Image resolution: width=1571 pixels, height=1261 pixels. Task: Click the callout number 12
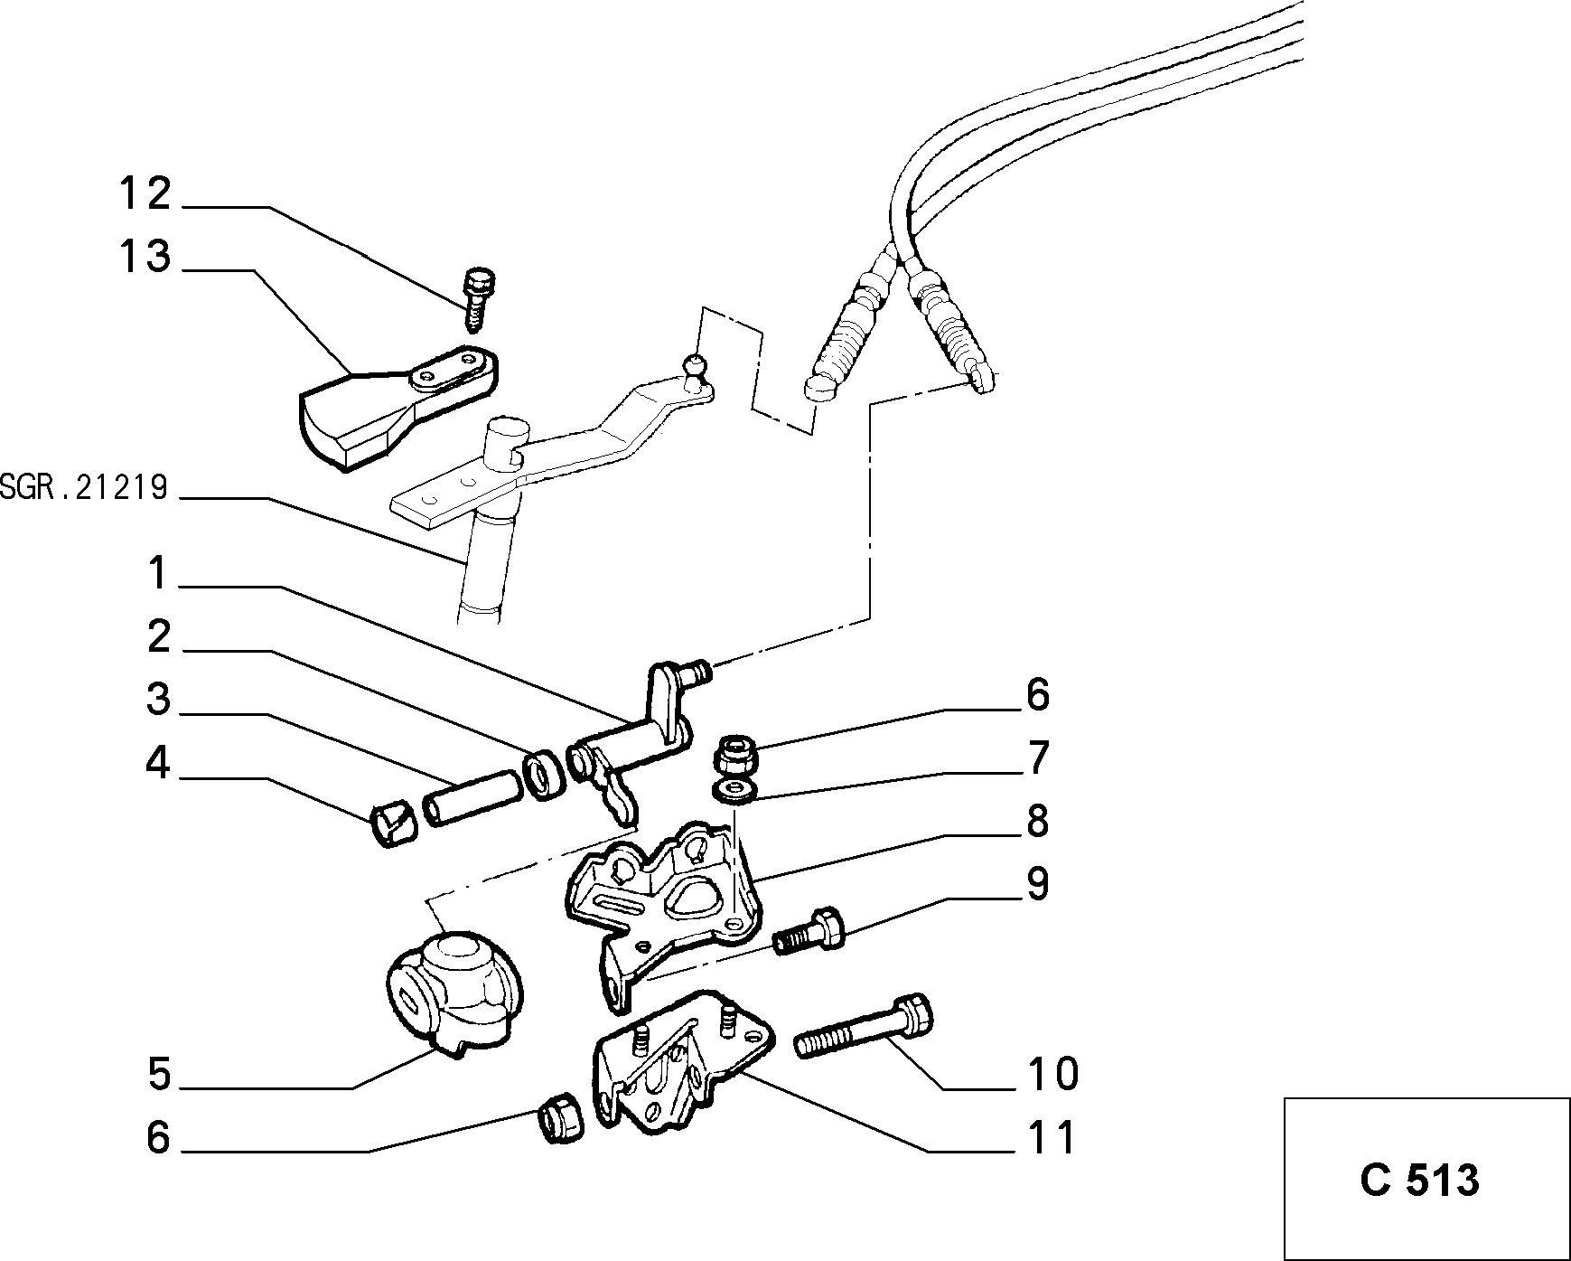145,193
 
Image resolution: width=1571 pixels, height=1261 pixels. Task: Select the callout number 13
145,256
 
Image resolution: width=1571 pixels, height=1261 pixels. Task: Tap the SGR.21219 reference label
84,489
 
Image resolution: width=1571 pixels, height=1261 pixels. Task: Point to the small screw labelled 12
478,297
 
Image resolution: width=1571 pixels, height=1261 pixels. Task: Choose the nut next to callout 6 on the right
734,754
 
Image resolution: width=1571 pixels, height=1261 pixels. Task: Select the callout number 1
158,573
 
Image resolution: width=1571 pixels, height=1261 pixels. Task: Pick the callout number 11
1052,1137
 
